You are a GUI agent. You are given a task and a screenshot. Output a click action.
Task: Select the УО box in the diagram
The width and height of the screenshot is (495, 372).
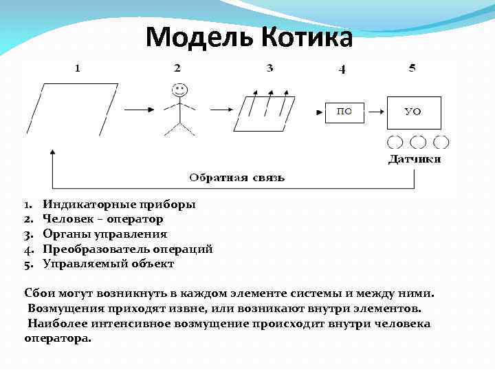[x=412, y=112]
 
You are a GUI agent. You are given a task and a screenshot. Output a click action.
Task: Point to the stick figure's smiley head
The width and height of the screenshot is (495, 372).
[x=179, y=89]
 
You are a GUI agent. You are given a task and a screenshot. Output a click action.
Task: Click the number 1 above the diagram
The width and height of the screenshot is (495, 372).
[x=78, y=68]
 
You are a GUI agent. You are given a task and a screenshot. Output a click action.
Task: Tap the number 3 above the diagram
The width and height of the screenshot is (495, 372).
[x=269, y=68]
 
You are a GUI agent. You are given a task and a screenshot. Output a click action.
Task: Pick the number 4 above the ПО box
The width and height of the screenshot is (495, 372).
[x=342, y=69]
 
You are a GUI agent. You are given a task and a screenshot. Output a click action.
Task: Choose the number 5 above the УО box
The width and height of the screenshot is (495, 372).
[x=412, y=68]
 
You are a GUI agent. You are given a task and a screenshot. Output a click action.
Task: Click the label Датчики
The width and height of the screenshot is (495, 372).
[x=415, y=159]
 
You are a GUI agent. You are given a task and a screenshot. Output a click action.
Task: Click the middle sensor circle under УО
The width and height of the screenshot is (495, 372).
[x=418, y=142]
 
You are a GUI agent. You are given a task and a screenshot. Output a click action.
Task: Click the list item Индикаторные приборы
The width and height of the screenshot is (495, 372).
[x=119, y=205]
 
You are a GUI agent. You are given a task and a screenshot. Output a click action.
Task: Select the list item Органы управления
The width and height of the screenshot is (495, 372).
[x=104, y=234]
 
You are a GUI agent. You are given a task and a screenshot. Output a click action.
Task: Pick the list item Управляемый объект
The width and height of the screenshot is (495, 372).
[x=108, y=264]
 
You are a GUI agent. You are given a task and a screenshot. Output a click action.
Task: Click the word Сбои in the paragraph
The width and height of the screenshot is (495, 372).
[x=38, y=293]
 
